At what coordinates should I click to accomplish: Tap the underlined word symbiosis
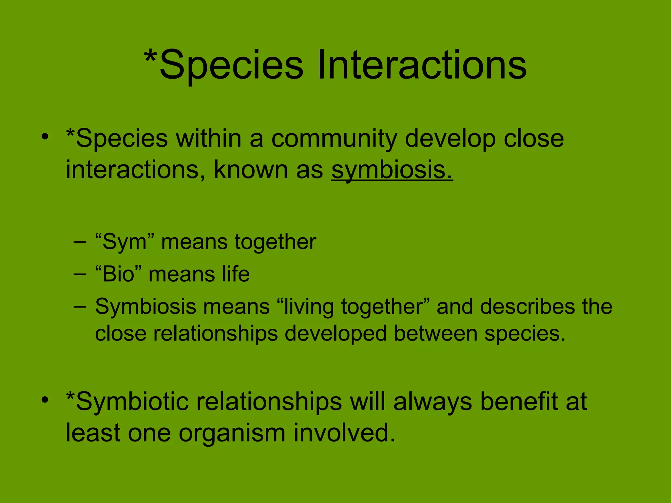click(x=392, y=170)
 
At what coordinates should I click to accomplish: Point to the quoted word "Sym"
click(x=124, y=242)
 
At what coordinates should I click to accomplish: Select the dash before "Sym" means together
click(x=80, y=243)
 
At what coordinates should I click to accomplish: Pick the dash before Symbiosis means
click(x=80, y=307)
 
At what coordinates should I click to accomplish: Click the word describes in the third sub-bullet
click(x=527, y=307)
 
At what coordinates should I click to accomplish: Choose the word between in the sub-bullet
click(x=435, y=334)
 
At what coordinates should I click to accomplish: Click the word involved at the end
click(x=344, y=433)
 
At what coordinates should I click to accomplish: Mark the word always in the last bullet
click(x=432, y=402)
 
